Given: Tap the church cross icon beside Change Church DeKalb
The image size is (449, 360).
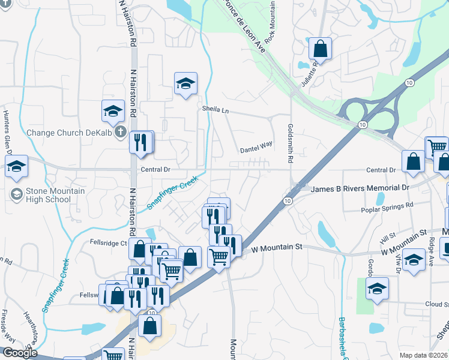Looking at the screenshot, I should pyautogui.click(x=121, y=131).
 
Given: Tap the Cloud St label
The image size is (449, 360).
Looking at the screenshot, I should pyautogui.click(x=438, y=304).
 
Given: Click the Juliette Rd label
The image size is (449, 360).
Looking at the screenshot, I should pyautogui.click(x=311, y=74).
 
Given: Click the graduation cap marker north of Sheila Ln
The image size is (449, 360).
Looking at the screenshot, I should pyautogui.click(x=185, y=83).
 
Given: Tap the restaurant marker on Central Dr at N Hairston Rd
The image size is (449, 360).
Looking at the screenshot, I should pyautogui.click(x=140, y=143).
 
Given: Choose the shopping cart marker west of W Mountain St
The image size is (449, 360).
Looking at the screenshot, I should pyautogui.click(x=218, y=256).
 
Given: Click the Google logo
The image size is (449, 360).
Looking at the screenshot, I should pyautogui.click(x=20, y=353).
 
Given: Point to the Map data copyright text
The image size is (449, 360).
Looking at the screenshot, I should pyautogui.click(x=424, y=355).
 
